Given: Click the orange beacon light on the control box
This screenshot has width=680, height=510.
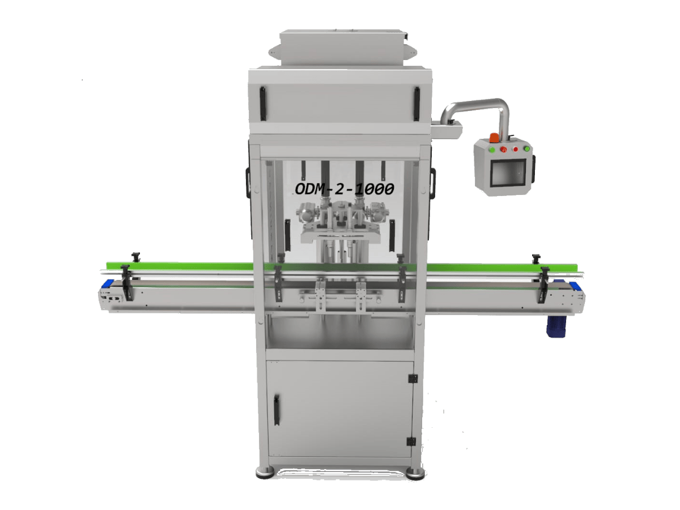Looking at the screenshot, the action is click(495, 138).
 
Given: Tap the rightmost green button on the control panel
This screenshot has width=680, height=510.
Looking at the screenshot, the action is click(526, 148).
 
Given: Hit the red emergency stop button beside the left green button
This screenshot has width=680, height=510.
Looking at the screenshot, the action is click(503, 150).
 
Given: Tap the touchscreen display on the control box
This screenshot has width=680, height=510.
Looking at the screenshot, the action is click(507, 175).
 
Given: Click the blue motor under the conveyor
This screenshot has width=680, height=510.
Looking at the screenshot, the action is click(555, 326).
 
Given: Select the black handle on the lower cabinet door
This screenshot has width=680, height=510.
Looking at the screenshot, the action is click(277, 410).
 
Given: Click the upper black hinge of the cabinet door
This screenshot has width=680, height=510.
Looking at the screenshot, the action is click(413, 379).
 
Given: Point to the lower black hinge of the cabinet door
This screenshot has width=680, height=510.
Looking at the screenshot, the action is click(412, 441).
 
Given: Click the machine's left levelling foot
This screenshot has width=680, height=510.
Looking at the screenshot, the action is click(264, 472).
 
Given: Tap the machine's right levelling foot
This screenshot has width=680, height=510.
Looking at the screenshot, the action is click(415, 474).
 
